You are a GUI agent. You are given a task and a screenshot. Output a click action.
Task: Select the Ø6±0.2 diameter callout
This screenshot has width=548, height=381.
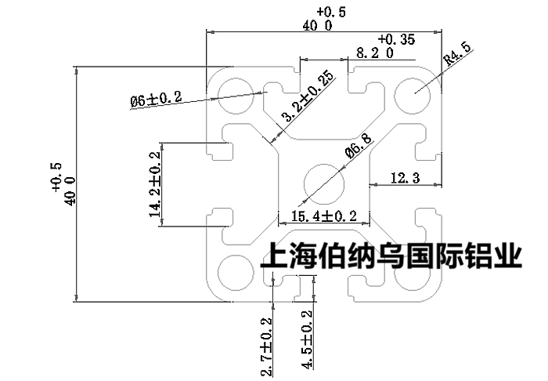coord(156,99)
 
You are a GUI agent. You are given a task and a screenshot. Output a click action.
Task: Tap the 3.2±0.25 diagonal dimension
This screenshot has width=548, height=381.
coord(307,97)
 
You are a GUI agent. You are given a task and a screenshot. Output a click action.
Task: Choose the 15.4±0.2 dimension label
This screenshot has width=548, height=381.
coord(323,216)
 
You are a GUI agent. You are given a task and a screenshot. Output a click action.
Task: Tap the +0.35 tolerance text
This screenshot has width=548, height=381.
coord(396,38)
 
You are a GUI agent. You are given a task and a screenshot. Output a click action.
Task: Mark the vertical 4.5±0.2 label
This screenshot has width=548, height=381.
coord(306,340)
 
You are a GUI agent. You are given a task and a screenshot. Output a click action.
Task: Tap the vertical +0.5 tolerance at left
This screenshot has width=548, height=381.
coord(56,176)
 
